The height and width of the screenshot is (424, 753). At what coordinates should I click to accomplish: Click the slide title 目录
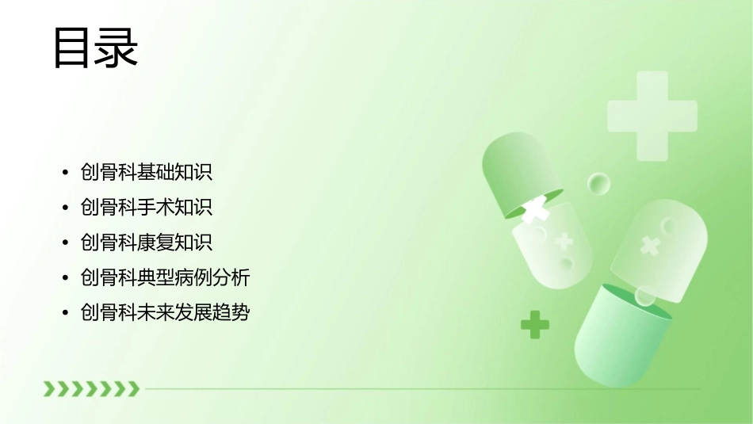click(x=95, y=48)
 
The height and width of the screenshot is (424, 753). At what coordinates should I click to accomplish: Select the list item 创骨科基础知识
click(x=147, y=172)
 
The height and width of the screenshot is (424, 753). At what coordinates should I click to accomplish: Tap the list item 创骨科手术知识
click(x=147, y=207)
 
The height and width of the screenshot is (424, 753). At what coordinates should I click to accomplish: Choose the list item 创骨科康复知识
click(x=147, y=242)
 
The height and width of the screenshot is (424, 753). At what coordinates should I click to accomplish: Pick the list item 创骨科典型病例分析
click(x=165, y=277)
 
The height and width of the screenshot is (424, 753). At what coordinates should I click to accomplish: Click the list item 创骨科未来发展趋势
click(x=165, y=312)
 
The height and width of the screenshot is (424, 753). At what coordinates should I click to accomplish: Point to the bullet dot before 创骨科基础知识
click(x=65, y=173)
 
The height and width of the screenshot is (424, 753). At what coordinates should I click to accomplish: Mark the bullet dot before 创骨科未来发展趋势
click(x=65, y=313)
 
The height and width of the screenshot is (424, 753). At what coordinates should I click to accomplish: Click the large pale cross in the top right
click(x=652, y=116)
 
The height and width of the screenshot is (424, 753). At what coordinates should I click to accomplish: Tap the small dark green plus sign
click(x=535, y=324)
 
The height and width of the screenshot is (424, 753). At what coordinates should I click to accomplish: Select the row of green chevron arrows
click(x=91, y=388)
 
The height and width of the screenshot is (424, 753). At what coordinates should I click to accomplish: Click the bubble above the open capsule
click(x=598, y=185)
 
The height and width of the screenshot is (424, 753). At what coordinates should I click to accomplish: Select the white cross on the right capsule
click(x=650, y=246)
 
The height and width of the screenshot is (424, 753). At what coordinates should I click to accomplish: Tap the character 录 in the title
click(x=117, y=48)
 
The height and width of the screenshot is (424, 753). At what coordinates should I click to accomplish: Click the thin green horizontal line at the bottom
click(x=420, y=389)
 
